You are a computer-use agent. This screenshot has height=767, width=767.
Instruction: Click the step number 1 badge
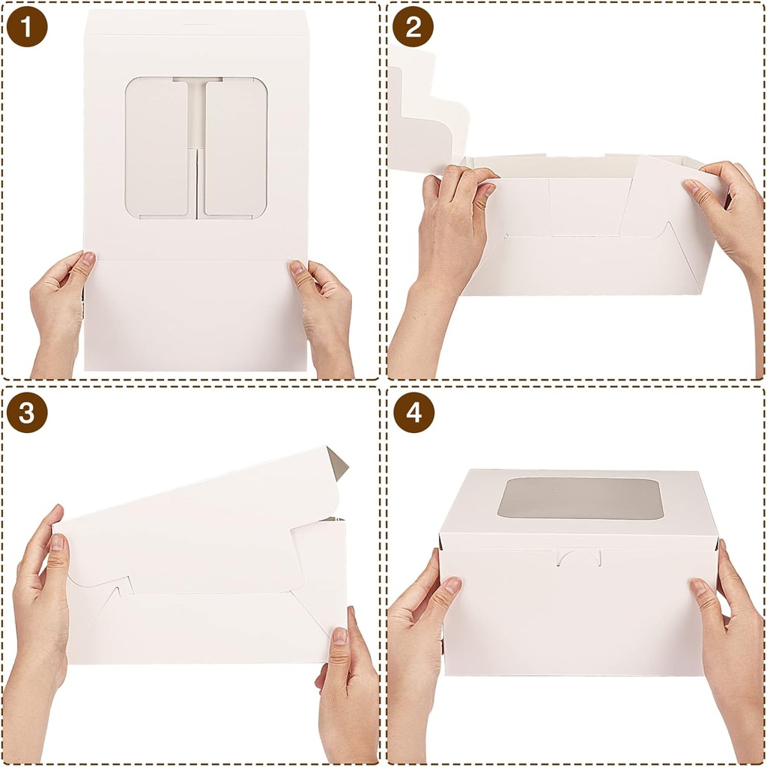pos(27,28)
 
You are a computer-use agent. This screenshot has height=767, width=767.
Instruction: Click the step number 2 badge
pos(413,28)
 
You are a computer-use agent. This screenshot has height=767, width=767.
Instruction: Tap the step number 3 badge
pos(27,413)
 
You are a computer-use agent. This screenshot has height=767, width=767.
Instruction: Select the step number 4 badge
pos(413,413)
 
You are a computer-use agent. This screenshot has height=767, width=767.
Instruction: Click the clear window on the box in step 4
pos(580,498)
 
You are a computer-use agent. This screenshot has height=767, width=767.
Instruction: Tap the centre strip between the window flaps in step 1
pos(196,150)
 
